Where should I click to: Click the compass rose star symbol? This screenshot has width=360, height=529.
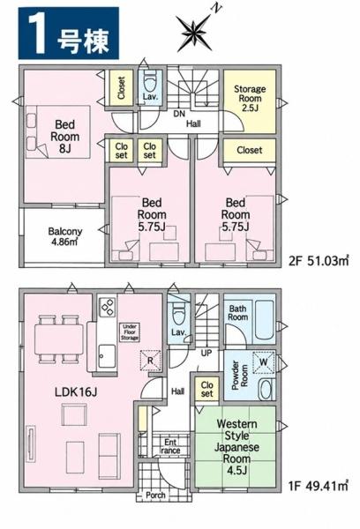coord(193,34)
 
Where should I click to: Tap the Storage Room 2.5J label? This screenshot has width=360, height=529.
coord(250,99)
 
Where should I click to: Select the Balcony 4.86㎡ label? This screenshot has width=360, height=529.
coord(64,236)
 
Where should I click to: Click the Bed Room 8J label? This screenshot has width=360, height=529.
coord(64,137)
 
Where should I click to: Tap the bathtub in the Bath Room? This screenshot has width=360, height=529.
coord(264,319)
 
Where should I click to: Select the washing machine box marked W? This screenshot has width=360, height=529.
coord(264,362)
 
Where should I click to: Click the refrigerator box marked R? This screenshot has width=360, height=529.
coord(150,360)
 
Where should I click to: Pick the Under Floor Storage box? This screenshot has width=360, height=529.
coord(130,332)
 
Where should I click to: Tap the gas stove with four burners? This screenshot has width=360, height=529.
coord(108,307)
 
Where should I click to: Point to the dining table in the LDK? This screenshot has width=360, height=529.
coord(59,339)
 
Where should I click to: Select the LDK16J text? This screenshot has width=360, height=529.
coord(76,392)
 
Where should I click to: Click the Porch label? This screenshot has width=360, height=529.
coord(155,495)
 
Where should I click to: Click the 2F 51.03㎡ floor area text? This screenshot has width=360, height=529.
coord(319,261)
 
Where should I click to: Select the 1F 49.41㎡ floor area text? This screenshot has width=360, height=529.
coord(319,486)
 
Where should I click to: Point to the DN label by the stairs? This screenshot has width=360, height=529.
coord(179,114)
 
